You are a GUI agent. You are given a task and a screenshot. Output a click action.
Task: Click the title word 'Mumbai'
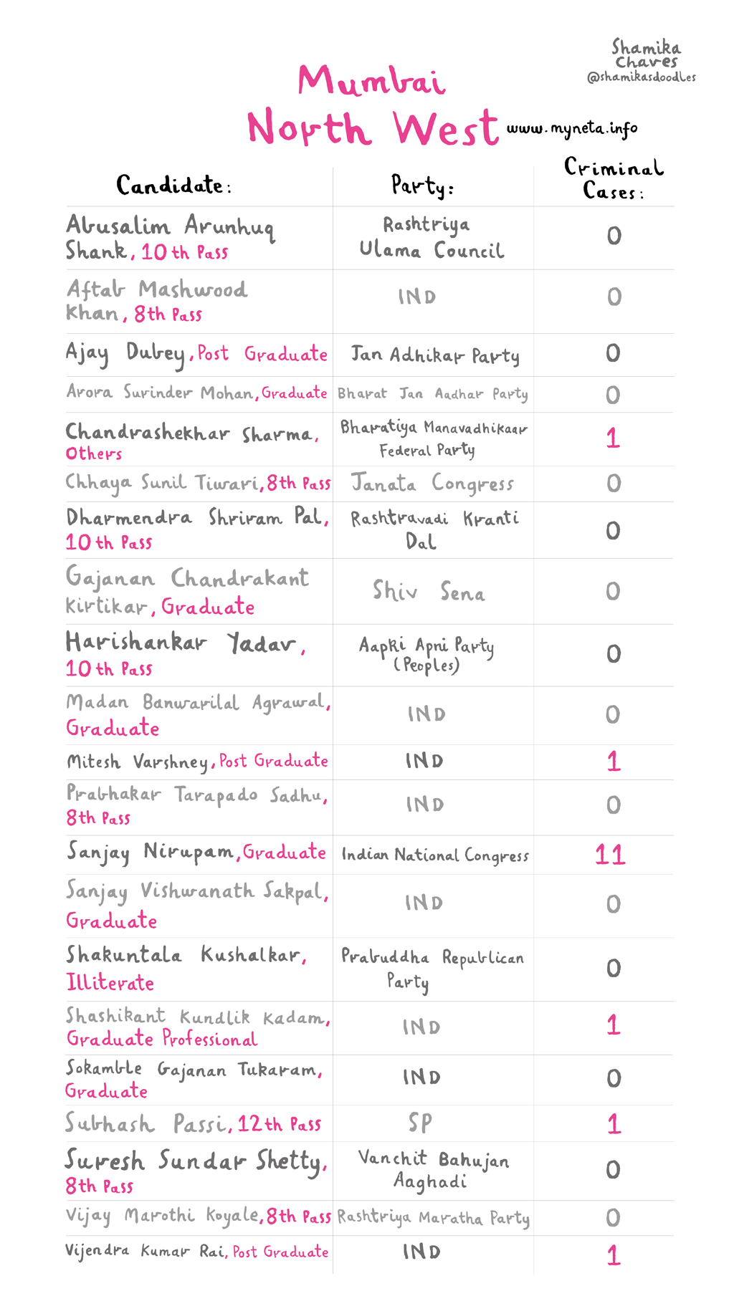click(x=371, y=80)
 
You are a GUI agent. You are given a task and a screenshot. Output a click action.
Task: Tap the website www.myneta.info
click(x=572, y=129)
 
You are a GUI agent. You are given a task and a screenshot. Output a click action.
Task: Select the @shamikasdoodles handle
click(x=641, y=77)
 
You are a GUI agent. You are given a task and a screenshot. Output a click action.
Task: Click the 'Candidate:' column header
click(x=173, y=186)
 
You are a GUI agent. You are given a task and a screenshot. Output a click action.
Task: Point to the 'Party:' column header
click(x=422, y=186)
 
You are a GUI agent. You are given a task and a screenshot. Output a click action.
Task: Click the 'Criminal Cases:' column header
click(x=613, y=179)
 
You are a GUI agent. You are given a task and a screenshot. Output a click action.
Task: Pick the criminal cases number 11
click(x=610, y=855)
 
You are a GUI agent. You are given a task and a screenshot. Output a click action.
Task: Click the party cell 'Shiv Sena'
click(x=429, y=591)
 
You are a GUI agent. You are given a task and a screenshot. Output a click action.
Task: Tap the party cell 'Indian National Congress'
click(x=435, y=855)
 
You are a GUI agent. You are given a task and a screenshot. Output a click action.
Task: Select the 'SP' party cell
click(x=420, y=1123)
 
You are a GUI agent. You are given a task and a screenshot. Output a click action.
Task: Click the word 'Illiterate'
click(x=110, y=982)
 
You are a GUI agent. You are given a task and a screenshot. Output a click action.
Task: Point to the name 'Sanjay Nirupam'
click(x=151, y=852)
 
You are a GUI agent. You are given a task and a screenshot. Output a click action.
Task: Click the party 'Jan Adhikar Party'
click(x=435, y=355)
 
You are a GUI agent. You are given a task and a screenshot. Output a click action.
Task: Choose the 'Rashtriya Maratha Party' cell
click(x=434, y=1217)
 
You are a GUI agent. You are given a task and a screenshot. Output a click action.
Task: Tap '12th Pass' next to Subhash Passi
click(x=280, y=1124)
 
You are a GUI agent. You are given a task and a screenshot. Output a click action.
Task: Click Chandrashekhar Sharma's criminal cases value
click(x=613, y=438)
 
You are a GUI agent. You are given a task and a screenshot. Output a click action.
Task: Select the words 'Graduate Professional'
click(x=162, y=1038)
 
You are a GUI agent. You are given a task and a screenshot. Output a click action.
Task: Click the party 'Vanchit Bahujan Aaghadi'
click(x=433, y=1169)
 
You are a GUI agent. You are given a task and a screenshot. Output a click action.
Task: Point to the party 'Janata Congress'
click(x=432, y=484)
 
